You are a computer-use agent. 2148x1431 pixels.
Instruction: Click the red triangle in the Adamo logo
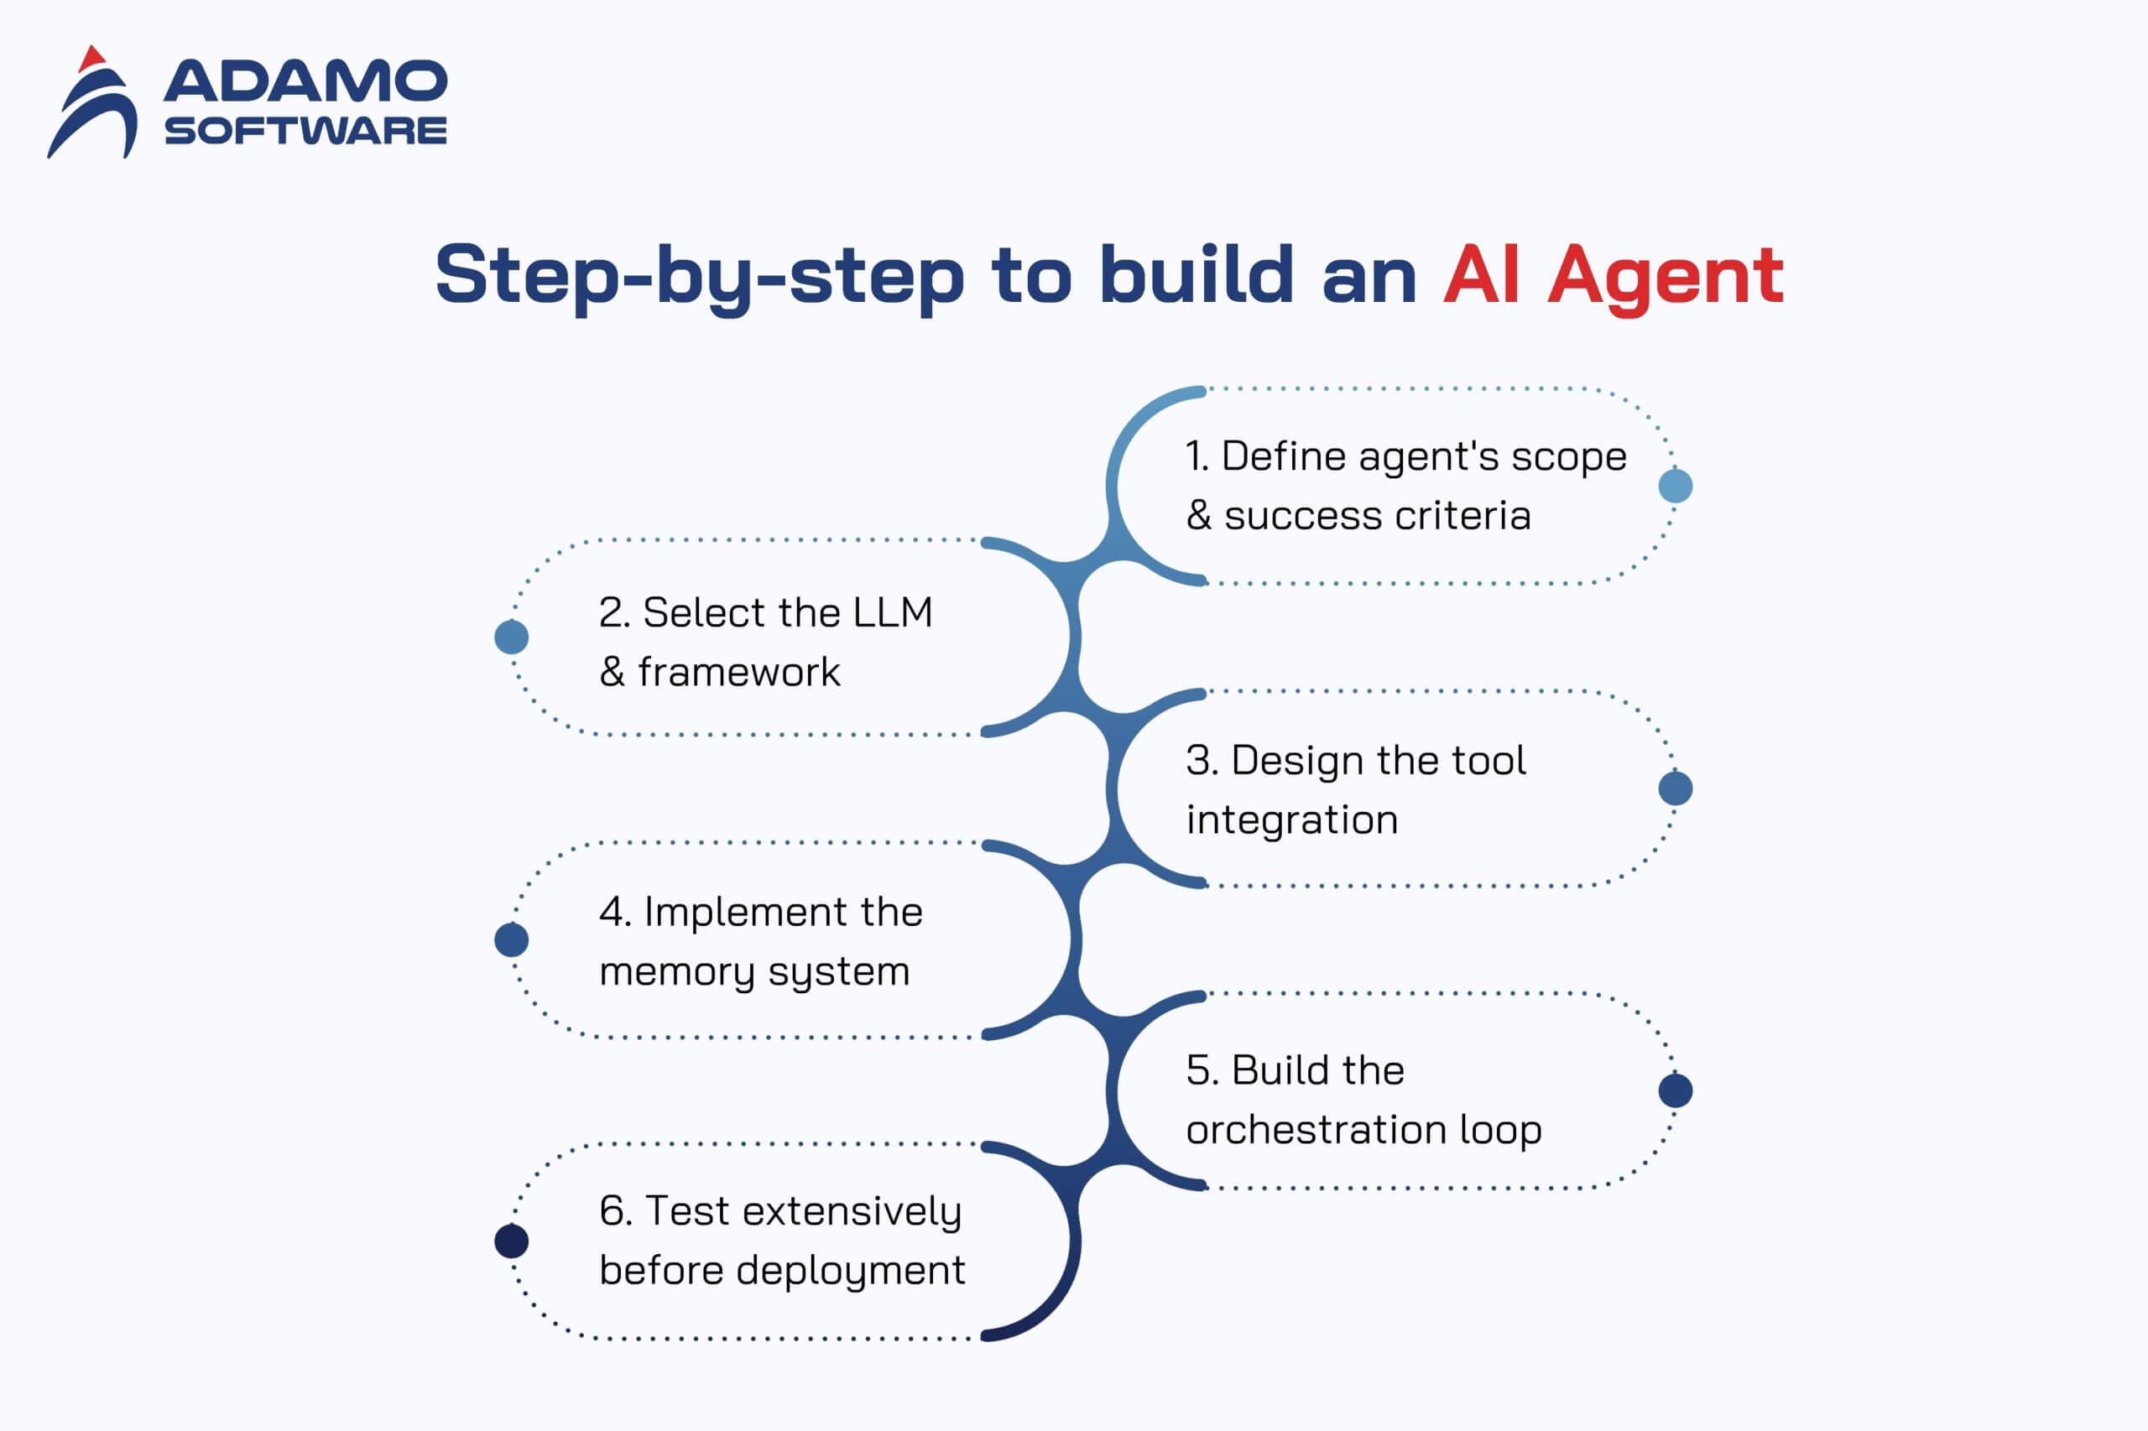pos(91,60)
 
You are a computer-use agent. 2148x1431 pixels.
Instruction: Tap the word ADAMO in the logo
pos(305,82)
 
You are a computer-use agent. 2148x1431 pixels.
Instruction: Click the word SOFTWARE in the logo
pos(305,131)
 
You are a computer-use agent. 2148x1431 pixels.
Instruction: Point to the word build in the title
pos(1196,273)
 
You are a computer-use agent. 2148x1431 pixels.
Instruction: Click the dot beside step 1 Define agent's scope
pos(1675,486)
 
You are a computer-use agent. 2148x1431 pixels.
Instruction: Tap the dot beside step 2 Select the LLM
pos(511,637)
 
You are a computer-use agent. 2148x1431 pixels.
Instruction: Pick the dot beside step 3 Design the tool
pos(1675,788)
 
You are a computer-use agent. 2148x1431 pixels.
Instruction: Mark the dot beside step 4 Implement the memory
pos(511,939)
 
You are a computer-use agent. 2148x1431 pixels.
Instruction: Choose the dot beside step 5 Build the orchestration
pos(1675,1090)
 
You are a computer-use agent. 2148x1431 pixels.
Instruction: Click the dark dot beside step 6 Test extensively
pos(511,1241)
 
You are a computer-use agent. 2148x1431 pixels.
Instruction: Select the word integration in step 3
pos(1291,820)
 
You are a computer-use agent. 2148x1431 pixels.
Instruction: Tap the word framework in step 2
pos(738,673)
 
